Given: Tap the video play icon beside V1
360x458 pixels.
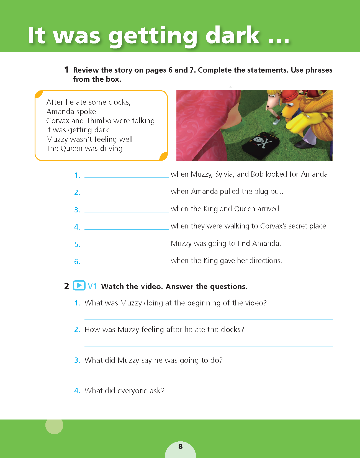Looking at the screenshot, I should pos(79,285).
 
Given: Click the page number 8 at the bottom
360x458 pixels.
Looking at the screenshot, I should pos(181,446).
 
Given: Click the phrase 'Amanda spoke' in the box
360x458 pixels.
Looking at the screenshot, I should pos(71,112).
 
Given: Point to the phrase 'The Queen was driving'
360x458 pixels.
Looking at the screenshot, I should pos(84,148).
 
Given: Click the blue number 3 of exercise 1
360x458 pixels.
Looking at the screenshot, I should pos(77,210).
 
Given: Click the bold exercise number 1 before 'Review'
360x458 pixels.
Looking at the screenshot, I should pos(66,70).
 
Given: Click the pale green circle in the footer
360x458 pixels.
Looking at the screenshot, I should pos(54,425).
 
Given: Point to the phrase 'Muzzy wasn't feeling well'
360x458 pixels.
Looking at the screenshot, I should pos(89,139).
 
